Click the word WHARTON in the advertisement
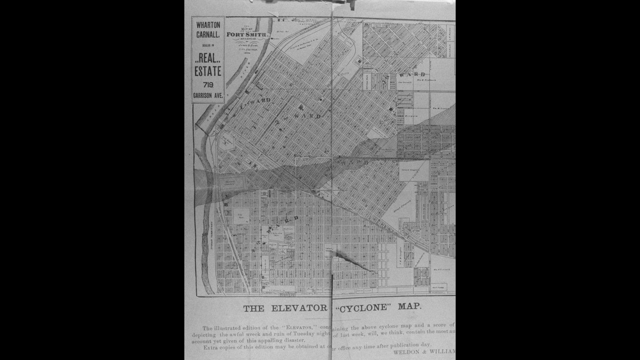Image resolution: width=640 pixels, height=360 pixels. point(208,25)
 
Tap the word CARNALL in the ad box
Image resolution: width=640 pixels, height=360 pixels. point(208,35)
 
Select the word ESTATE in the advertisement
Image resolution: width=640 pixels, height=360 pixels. point(208,71)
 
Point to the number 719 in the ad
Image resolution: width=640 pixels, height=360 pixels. point(208,85)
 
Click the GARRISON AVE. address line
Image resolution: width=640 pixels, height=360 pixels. point(208,96)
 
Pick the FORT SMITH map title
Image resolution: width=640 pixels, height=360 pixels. point(247,34)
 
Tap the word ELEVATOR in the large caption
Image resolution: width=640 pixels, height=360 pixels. point(299,308)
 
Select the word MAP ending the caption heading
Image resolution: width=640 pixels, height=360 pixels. point(409,306)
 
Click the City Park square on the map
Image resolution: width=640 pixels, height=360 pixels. point(241,216)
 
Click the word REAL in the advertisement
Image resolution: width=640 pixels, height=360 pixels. point(208,58)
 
